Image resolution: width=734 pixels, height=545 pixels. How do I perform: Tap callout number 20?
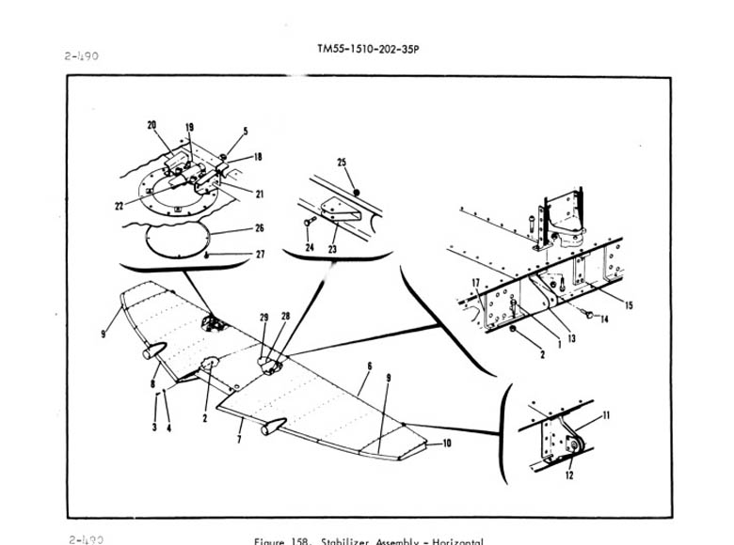pyautogui.click(x=152, y=125)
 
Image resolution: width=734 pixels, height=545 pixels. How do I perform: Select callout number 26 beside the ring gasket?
pyautogui.click(x=260, y=228)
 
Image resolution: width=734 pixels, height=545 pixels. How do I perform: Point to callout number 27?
pyautogui.click(x=260, y=255)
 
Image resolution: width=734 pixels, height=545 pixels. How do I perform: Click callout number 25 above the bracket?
pyautogui.click(x=343, y=163)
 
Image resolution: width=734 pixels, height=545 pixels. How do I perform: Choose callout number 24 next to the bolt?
pyautogui.click(x=311, y=249)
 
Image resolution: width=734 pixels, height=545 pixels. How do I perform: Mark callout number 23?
pyautogui.click(x=331, y=249)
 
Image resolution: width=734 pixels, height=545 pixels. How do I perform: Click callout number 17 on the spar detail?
pyautogui.click(x=476, y=282)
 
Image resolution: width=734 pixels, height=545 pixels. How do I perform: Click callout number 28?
pyautogui.click(x=284, y=318)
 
